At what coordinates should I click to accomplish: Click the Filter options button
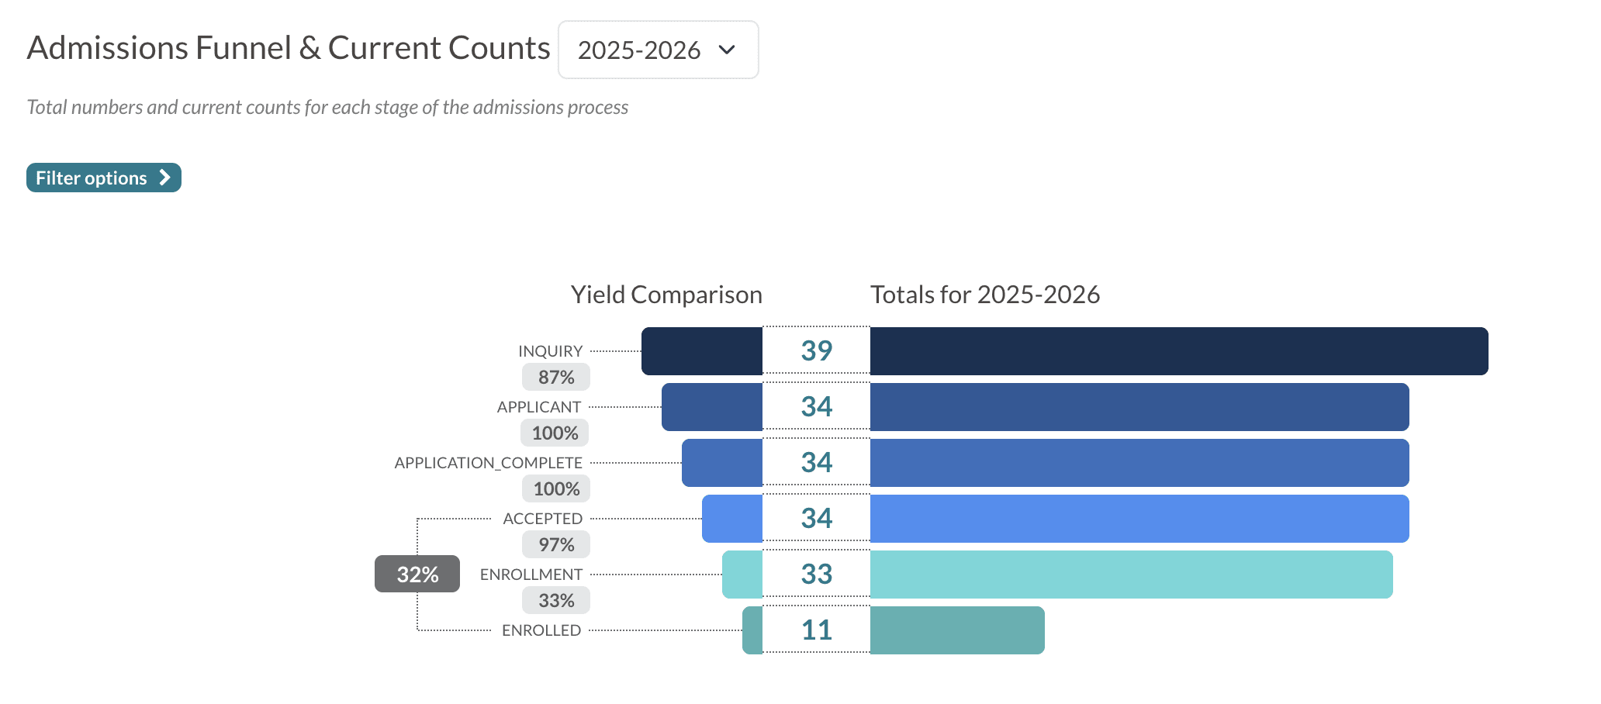pyautogui.click(x=103, y=178)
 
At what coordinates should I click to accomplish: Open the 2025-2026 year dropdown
pyautogui.click(x=658, y=50)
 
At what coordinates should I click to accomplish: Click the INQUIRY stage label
pyautogui.click(x=550, y=351)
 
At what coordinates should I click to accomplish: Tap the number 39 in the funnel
pyautogui.click(x=816, y=350)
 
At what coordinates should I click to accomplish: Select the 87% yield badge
pyautogui.click(x=556, y=378)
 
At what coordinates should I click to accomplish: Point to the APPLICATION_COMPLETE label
pyautogui.click(x=488, y=463)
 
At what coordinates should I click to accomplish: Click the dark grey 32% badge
pyautogui.click(x=417, y=575)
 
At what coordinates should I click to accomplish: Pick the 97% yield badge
pyautogui.click(x=556, y=545)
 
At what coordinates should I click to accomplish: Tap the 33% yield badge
pyautogui.click(x=556, y=601)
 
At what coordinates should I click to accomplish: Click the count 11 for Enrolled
pyautogui.click(x=816, y=630)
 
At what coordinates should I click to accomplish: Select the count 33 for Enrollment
pyautogui.click(x=816, y=575)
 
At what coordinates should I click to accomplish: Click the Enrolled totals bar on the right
pyautogui.click(x=956, y=630)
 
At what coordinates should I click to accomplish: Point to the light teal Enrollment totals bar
pyautogui.click(x=1131, y=575)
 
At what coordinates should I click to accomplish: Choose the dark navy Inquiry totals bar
pyautogui.click(x=1178, y=351)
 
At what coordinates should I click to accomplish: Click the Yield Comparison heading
pyautogui.click(x=666, y=295)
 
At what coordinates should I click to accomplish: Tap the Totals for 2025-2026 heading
pyautogui.click(x=984, y=295)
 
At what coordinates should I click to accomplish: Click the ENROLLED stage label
pyautogui.click(x=541, y=630)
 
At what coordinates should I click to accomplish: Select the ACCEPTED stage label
pyautogui.click(x=542, y=519)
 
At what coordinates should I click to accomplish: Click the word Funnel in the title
pyautogui.click(x=243, y=48)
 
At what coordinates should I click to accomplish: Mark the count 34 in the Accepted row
pyautogui.click(x=816, y=518)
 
